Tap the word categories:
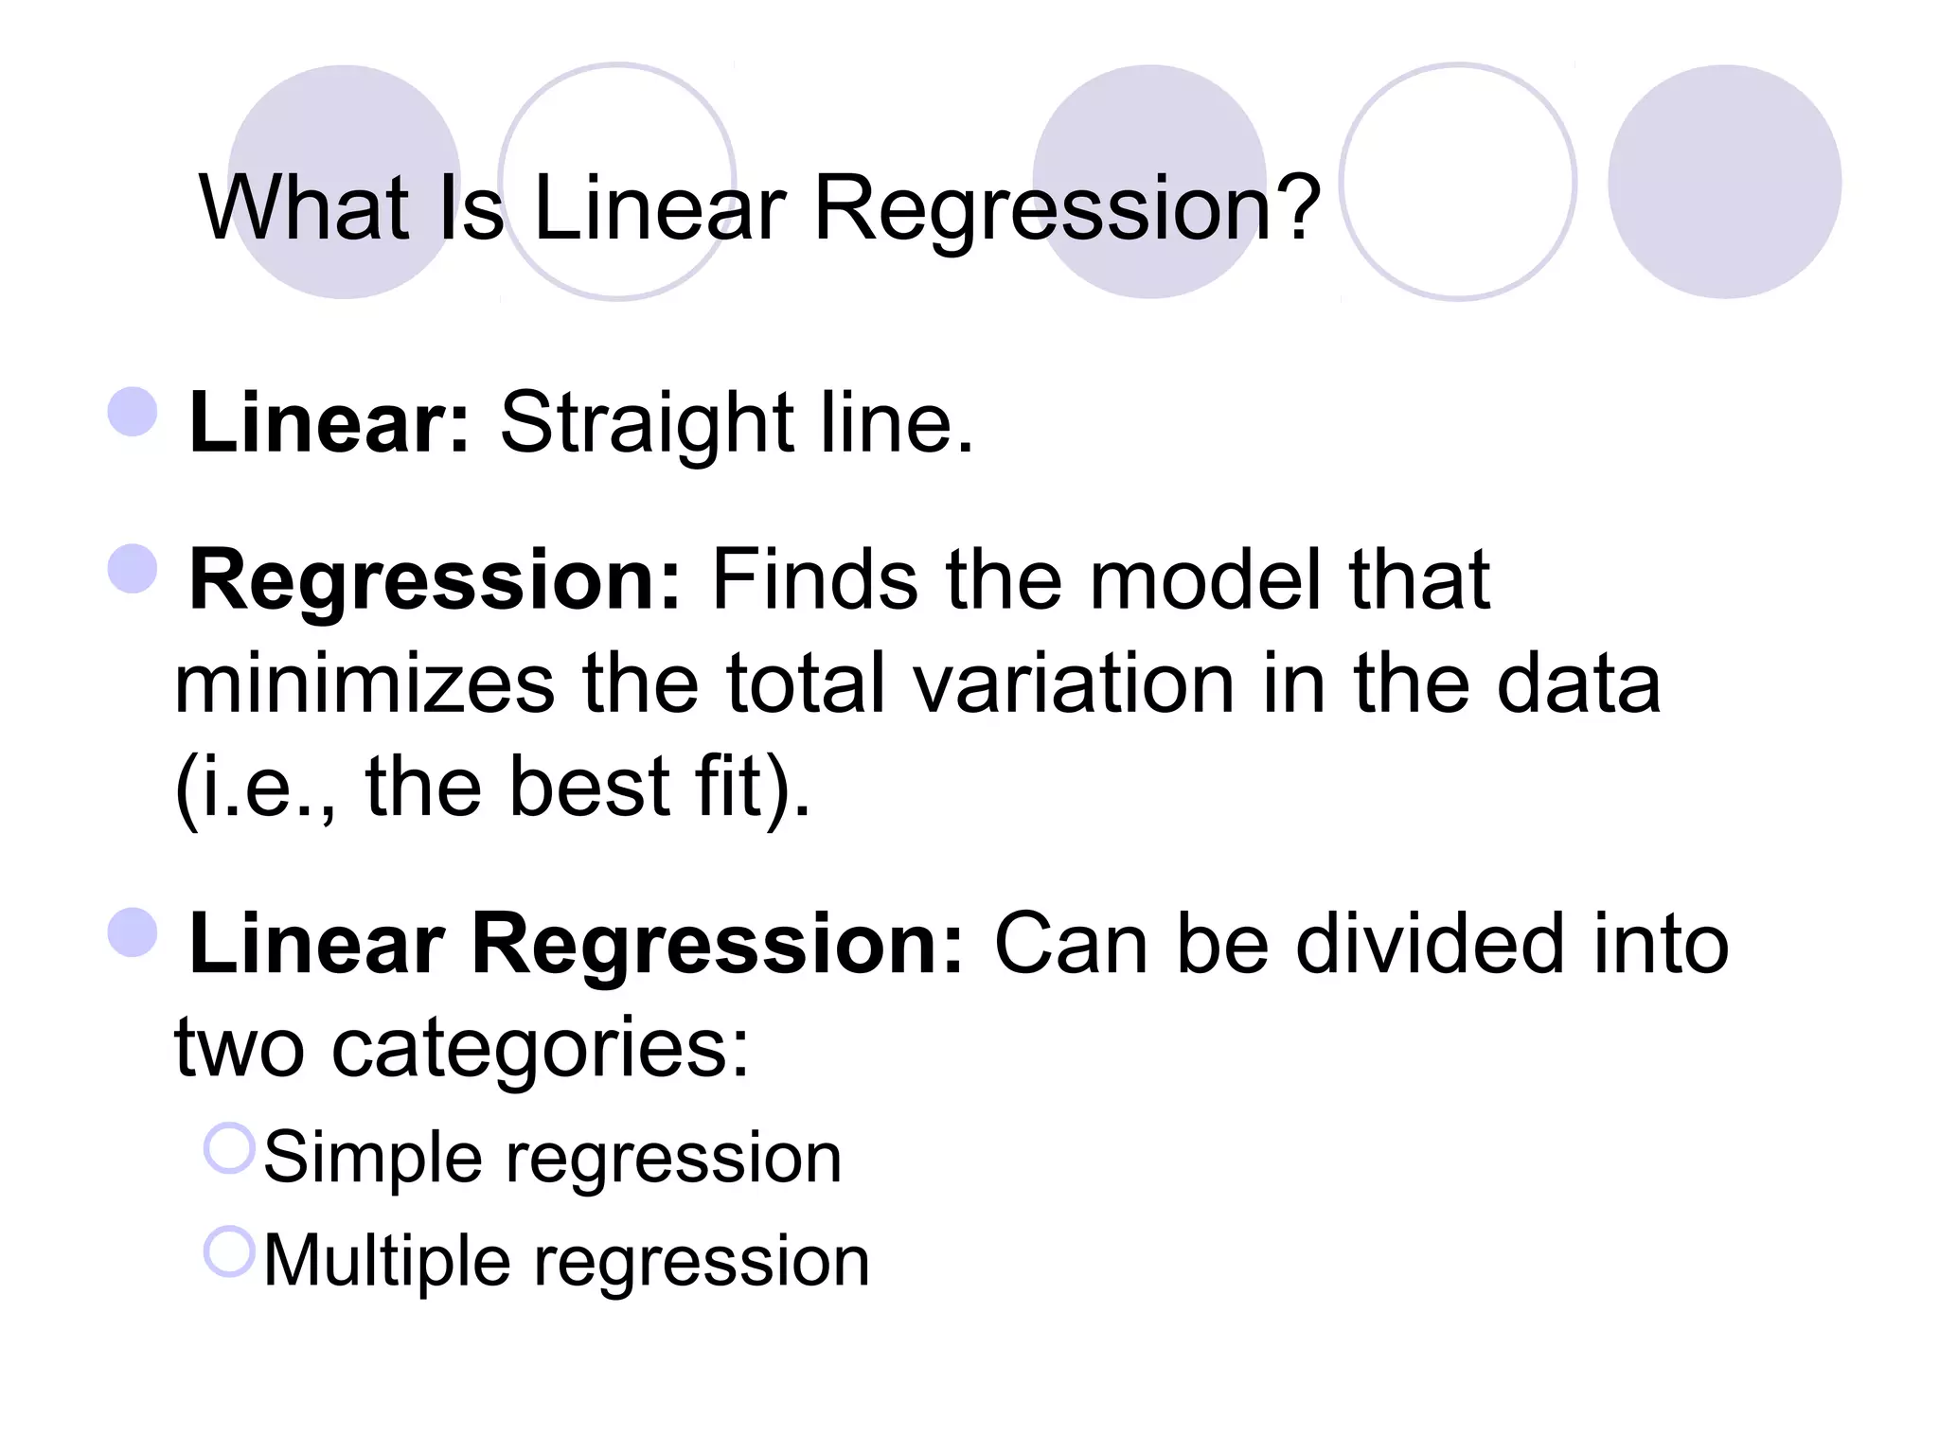pyautogui.click(x=540, y=1049)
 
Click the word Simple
pyautogui.click(x=371, y=1158)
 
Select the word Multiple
pyautogui.click(x=385, y=1261)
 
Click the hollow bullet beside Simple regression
pyautogui.click(x=230, y=1148)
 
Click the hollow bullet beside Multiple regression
pyautogui.click(x=230, y=1251)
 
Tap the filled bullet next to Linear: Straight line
pyautogui.click(x=133, y=412)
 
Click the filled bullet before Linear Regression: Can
pyautogui.click(x=133, y=932)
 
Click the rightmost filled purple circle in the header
pyautogui.click(x=1724, y=182)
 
